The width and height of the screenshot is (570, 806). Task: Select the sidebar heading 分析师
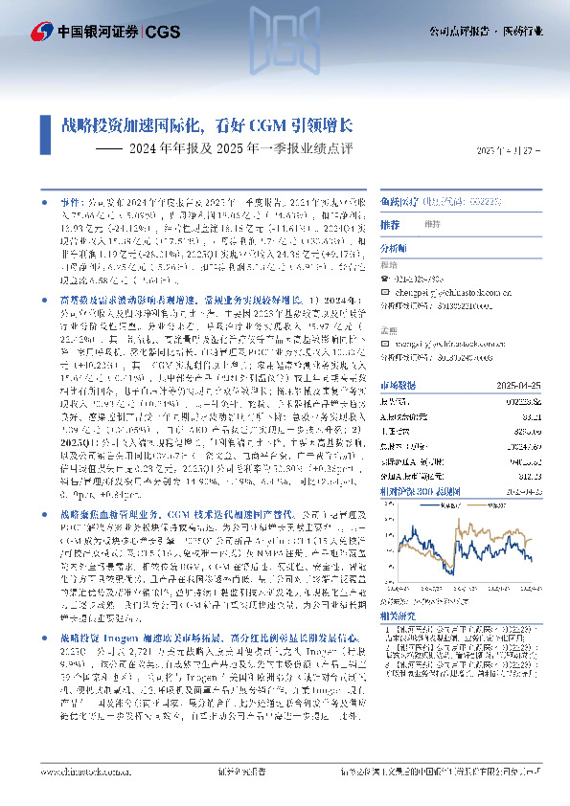pyautogui.click(x=395, y=247)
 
